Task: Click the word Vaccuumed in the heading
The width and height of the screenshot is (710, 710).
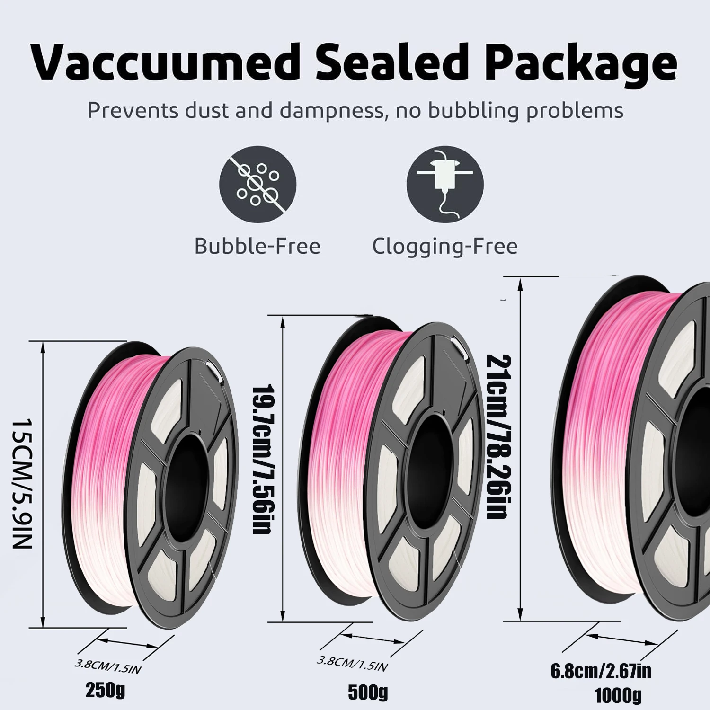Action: point(166,62)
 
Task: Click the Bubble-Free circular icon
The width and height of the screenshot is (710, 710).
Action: point(257,185)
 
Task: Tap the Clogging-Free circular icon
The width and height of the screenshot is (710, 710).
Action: point(445,185)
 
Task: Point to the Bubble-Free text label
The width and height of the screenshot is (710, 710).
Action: point(257,246)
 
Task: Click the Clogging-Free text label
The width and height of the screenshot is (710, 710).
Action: point(445,246)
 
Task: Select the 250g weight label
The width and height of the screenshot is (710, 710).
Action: point(106,690)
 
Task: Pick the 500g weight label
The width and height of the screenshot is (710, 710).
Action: point(368,692)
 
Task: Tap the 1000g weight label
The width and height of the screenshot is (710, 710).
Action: point(618,695)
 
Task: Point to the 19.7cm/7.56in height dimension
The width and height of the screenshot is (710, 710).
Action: point(261,459)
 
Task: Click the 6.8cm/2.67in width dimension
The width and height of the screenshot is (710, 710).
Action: point(601,671)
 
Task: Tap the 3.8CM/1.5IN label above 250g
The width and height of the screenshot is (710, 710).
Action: point(108,666)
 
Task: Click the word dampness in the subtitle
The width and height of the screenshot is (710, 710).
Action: point(330,111)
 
